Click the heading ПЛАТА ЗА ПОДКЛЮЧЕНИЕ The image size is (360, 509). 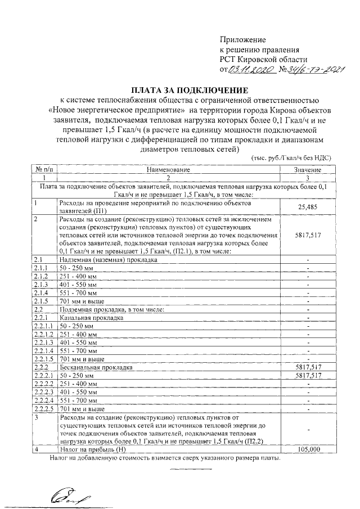190,89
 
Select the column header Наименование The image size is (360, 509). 169,169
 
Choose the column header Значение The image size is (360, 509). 307,169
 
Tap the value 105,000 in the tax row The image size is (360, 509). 307,449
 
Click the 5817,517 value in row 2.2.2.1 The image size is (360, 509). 307,375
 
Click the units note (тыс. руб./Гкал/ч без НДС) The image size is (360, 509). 290,159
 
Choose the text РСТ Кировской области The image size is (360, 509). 263,60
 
